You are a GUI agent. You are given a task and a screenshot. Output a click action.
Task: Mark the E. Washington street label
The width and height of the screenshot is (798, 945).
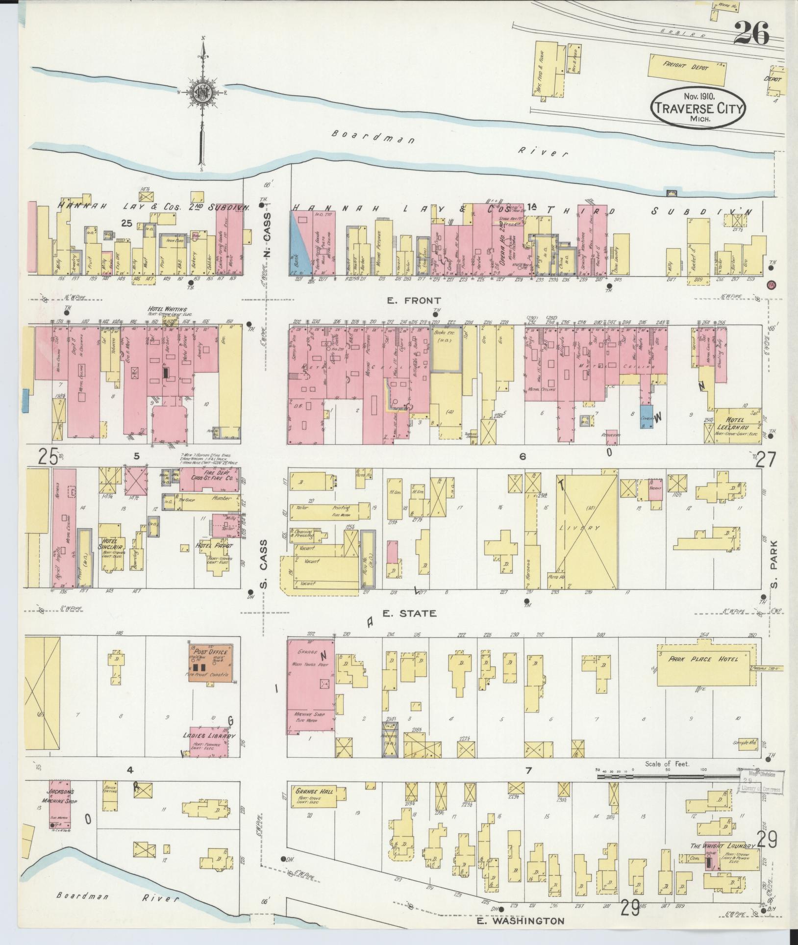click(x=521, y=921)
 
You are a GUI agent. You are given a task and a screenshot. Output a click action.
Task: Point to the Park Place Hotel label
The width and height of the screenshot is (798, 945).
click(x=703, y=659)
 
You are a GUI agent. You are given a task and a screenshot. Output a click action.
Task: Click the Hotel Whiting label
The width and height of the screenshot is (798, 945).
click(x=168, y=309)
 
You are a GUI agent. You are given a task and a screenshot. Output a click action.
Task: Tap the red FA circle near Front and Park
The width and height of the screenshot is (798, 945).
click(x=772, y=284)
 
